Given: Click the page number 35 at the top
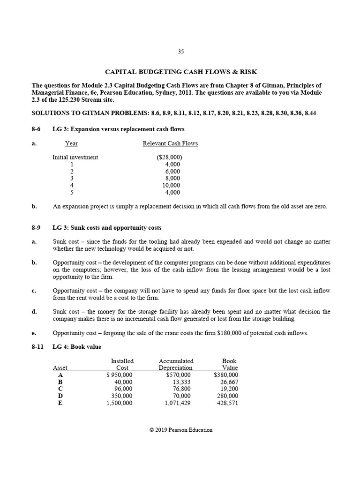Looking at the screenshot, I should click(x=180, y=52).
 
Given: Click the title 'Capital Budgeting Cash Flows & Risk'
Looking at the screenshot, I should click(x=180, y=72).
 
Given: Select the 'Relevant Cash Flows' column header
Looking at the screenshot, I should click(x=170, y=143).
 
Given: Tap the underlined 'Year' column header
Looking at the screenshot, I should click(x=71, y=143).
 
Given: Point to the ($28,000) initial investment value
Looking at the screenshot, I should click(x=169, y=157).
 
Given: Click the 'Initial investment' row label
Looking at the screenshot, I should click(x=75, y=157).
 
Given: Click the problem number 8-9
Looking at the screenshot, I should click(x=36, y=228).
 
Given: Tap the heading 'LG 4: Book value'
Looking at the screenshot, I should click(x=77, y=347).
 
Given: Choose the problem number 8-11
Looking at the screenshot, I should click(x=37, y=347).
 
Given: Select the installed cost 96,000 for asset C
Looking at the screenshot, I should click(x=123, y=389).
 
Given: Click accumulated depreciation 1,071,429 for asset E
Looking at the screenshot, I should click(x=178, y=403).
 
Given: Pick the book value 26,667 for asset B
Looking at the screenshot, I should click(x=229, y=382).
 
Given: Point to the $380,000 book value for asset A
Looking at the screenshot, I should click(x=225, y=375).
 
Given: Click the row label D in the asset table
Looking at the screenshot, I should click(x=60, y=396).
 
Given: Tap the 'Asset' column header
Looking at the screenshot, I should click(x=60, y=368).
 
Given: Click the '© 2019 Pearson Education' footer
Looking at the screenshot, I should click(x=180, y=430).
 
